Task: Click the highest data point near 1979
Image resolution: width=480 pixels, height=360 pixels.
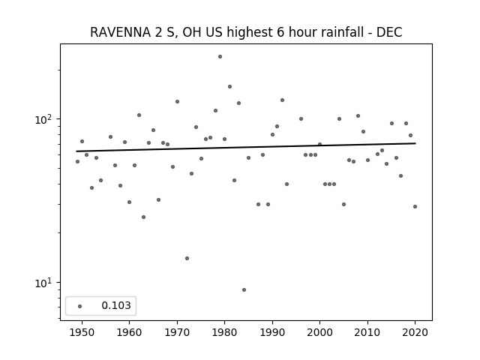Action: point(220,57)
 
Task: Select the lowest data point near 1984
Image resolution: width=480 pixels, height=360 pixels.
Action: point(244,290)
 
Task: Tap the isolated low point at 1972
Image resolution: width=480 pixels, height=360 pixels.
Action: point(187,258)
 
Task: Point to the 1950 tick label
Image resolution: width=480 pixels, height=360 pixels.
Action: point(82,332)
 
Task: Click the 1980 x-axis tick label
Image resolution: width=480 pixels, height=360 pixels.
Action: point(224,332)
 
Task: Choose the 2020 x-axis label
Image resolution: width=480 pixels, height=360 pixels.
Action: point(415,332)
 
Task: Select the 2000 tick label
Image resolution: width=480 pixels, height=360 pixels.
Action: point(319,332)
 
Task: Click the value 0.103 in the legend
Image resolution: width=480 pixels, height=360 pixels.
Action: point(116,305)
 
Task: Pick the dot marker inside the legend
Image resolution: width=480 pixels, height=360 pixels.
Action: point(80,306)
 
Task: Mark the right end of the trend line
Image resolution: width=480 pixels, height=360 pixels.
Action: point(415,143)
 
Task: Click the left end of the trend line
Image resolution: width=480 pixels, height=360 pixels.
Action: point(76,151)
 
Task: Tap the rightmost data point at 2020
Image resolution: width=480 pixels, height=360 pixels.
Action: point(415,207)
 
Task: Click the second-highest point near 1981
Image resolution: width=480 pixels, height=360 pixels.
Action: point(230,87)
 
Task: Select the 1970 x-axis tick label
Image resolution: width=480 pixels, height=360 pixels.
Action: point(177,332)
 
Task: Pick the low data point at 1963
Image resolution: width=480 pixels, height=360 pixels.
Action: point(143,217)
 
